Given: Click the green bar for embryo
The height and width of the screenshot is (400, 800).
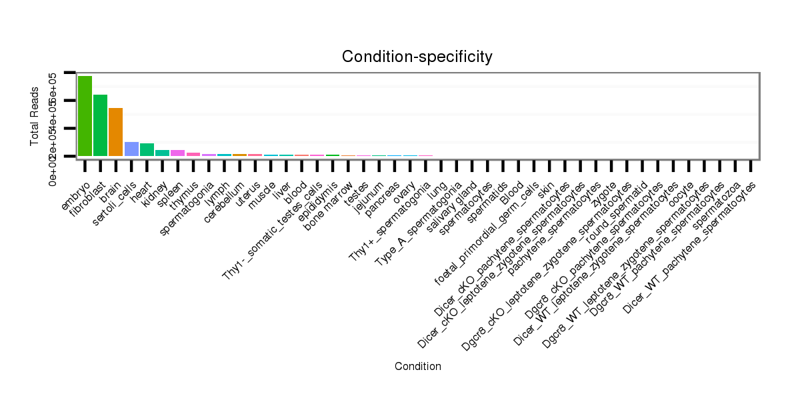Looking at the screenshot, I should (x=85, y=116).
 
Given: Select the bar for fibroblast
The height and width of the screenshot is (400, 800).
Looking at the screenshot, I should (x=100, y=125).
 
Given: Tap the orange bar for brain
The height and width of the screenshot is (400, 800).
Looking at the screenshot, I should (x=115, y=132).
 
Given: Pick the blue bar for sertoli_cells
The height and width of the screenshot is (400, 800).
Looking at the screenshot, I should (x=131, y=149).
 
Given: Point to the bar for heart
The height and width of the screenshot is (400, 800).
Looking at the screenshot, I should (x=147, y=149).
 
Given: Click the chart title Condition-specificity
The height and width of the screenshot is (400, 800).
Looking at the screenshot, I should (x=417, y=57).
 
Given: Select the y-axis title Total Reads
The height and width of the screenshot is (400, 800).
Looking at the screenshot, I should (x=35, y=115).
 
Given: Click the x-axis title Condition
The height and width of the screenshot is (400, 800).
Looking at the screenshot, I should (x=417, y=366).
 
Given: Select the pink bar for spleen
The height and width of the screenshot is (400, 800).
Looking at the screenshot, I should (x=177, y=153).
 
